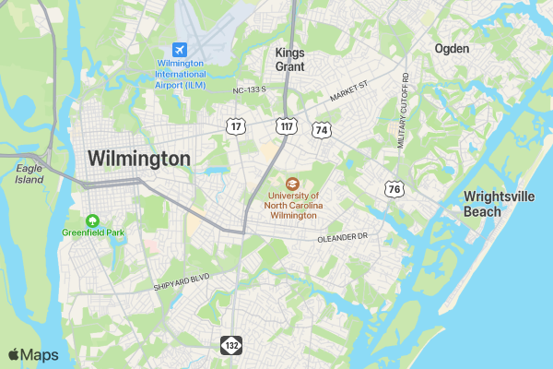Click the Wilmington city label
coord(139,159)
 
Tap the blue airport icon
coord(181,49)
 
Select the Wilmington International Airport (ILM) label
coord(181,73)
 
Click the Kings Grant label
coord(289,59)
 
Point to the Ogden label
coord(452,48)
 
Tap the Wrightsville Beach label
coord(496,204)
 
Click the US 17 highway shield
coord(237,125)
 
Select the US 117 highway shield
coord(287,125)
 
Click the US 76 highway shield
coord(394,188)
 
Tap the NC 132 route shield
coord(229,345)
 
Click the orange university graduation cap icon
coord(293,184)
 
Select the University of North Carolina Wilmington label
coord(293,206)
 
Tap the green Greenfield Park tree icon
coord(92,220)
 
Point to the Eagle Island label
coord(29,174)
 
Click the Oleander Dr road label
coord(342,238)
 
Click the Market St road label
coord(348,89)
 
